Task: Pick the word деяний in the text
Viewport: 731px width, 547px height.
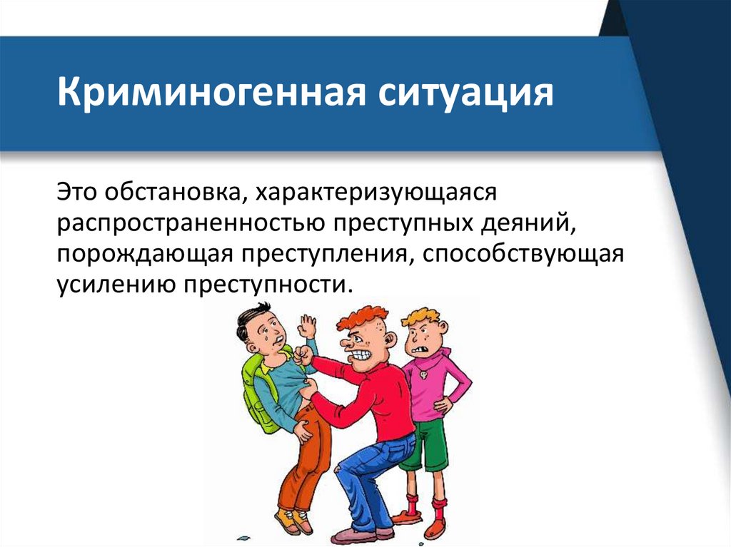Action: (526, 225)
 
